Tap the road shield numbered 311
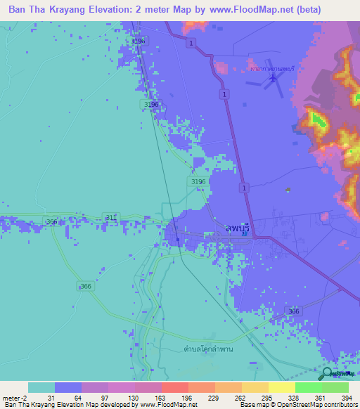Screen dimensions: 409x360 coord(110,216)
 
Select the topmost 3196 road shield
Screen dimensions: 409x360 coord(139,41)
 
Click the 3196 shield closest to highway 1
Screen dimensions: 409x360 coord(198,181)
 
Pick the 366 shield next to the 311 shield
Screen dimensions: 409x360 coord(52,222)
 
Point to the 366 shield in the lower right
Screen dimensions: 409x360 coord(294,311)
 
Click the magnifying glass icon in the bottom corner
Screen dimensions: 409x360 coord(328,375)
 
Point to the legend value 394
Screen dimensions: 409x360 coord(347,397)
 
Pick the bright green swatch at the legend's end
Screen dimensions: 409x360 coord(335,387)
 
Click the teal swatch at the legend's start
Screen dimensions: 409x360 coord(41,387)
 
